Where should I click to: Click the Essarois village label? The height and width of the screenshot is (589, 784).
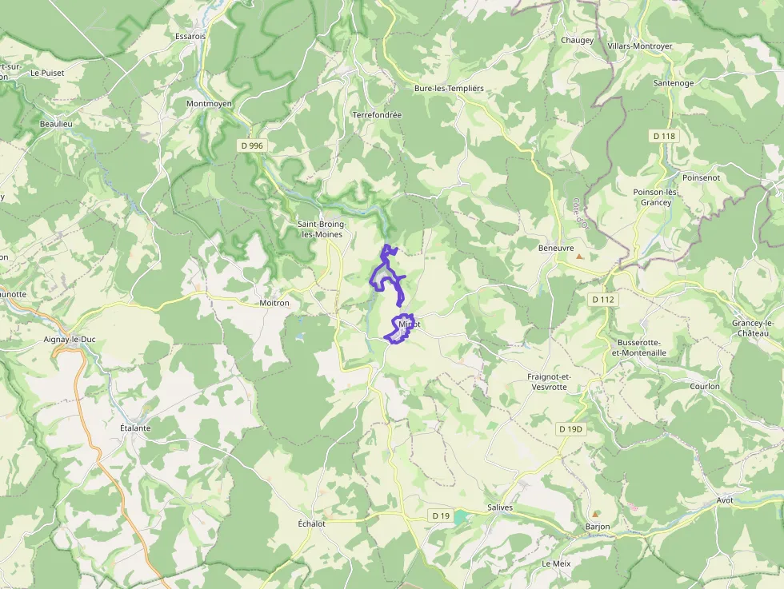tap(190, 36)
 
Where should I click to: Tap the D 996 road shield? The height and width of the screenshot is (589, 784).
tap(250, 145)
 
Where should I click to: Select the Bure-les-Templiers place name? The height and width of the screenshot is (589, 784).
tap(449, 88)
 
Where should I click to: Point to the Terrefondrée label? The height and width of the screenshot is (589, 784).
tap(377, 115)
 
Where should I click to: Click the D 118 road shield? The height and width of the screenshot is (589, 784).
tap(664, 136)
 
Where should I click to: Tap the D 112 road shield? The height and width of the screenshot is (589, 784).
tap(603, 300)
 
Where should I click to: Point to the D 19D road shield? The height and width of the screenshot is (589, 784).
tap(571, 429)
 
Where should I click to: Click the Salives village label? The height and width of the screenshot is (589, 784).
tap(499, 507)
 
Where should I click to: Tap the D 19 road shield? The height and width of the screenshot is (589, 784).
tap(440, 515)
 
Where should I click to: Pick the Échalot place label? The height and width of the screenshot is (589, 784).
tap(311, 523)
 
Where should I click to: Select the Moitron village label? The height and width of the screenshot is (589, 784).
tap(274, 304)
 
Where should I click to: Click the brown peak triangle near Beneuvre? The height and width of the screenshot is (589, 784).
tap(580, 257)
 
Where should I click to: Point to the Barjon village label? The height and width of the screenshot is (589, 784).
tap(598, 527)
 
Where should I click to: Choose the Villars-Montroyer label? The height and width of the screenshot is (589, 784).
tap(640, 46)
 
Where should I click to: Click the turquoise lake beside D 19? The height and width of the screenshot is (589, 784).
tap(459, 517)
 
